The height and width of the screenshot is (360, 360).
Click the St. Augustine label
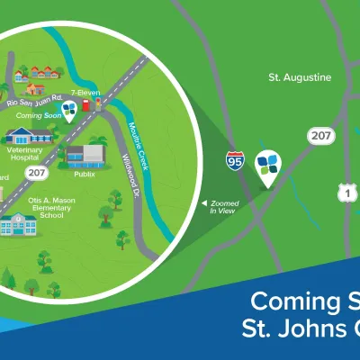point(301,77)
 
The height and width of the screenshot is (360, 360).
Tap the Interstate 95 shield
point(234,161)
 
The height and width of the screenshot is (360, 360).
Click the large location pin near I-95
point(268,166)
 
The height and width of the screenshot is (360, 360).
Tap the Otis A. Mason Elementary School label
point(43,205)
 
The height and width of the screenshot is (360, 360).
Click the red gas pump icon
point(85,104)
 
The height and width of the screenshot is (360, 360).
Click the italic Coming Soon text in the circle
point(39,115)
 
